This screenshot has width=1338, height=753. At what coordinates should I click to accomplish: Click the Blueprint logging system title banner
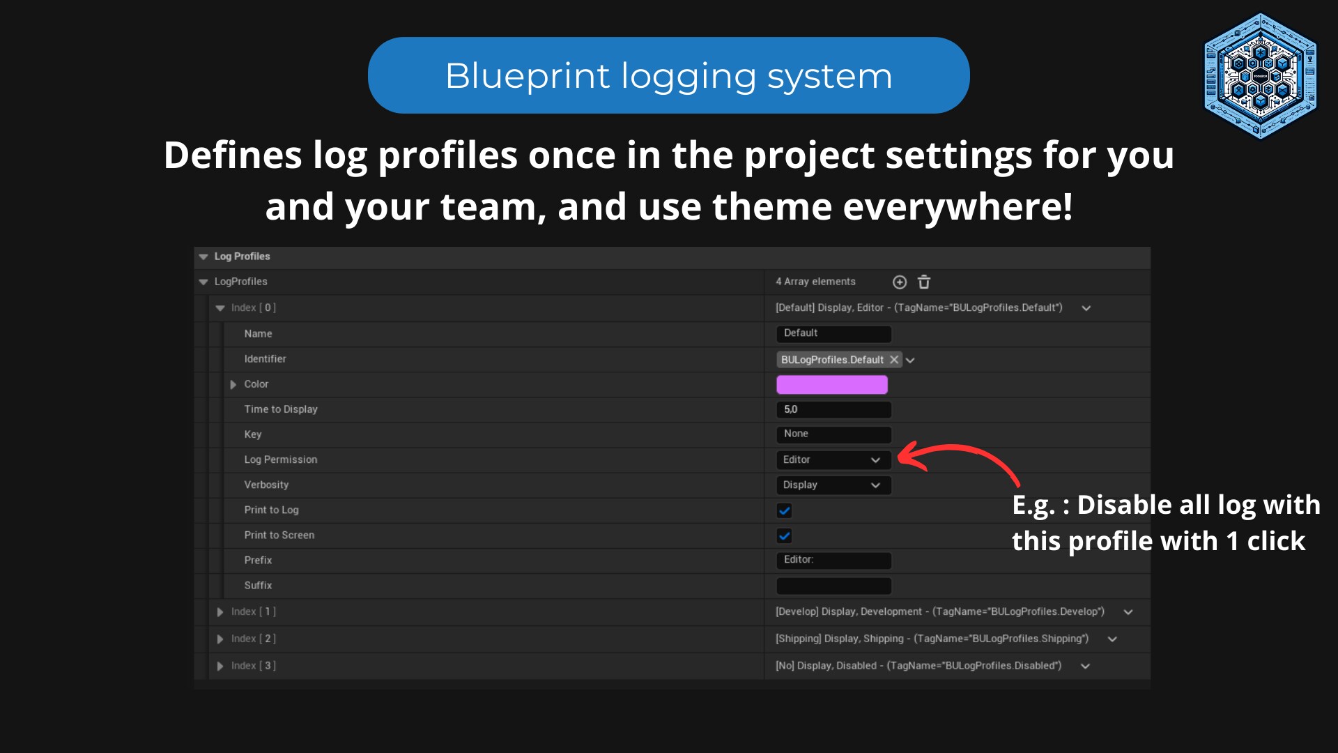pyautogui.click(x=668, y=75)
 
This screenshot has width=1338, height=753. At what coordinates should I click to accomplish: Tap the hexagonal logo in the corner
pyautogui.click(x=1260, y=75)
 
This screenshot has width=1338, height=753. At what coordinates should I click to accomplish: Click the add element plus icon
pyautogui.click(x=900, y=282)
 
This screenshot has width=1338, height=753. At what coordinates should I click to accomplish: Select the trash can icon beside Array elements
pyautogui.click(x=924, y=282)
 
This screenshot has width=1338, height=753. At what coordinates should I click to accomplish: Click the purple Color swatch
pyautogui.click(x=831, y=384)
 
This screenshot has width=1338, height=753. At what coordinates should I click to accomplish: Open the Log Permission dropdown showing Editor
pyautogui.click(x=833, y=459)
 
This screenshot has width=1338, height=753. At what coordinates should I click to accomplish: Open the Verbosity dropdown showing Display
pyautogui.click(x=833, y=485)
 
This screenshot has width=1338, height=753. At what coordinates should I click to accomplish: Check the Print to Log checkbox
pyautogui.click(x=784, y=510)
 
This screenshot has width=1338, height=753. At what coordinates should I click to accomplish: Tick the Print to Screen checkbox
pyautogui.click(x=784, y=535)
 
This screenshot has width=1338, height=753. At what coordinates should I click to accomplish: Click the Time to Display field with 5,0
pyautogui.click(x=833, y=409)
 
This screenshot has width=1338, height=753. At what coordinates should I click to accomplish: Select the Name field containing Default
pyautogui.click(x=833, y=333)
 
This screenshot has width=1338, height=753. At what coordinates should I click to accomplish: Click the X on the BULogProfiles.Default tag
pyautogui.click(x=894, y=360)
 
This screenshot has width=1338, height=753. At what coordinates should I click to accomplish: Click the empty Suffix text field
pyautogui.click(x=833, y=586)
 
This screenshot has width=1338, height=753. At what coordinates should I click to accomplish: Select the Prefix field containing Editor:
pyautogui.click(x=833, y=560)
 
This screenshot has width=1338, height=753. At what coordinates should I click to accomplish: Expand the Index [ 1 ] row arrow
pyautogui.click(x=220, y=612)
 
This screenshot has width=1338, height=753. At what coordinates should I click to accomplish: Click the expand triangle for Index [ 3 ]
pyautogui.click(x=220, y=666)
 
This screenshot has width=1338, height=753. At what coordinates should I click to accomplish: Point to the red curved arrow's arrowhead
pyautogui.click(x=905, y=457)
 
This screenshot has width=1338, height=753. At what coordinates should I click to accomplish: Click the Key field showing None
pyautogui.click(x=833, y=434)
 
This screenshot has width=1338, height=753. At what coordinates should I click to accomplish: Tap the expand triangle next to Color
pyautogui.click(x=233, y=384)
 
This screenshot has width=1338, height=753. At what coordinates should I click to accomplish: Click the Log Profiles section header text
pyautogui.click(x=242, y=257)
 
